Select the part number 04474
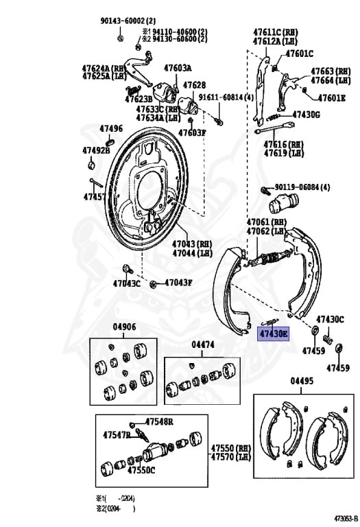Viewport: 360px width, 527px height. (x=203, y=344)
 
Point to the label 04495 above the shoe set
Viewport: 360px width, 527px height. (x=302, y=382)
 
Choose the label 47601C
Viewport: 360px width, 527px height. (x=300, y=54)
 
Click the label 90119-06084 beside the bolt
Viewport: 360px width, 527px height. (x=302, y=187)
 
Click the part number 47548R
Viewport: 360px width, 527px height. (x=158, y=421)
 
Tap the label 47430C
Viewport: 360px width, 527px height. (x=330, y=319)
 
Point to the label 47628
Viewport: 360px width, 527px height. (x=193, y=85)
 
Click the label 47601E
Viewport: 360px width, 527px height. (x=332, y=98)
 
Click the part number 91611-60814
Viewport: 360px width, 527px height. (x=226, y=98)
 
